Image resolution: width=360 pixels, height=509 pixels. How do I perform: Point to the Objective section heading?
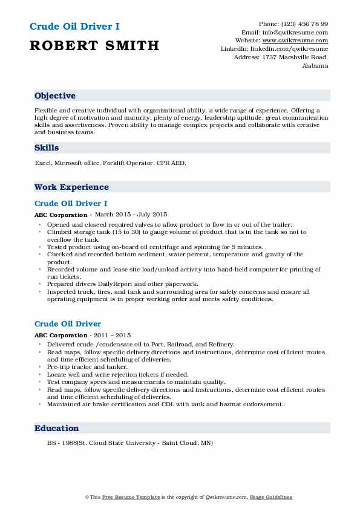click(x=55, y=96)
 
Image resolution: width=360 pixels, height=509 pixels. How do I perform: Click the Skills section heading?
click(x=47, y=148)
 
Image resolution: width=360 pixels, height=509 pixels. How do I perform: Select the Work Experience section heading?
click(x=72, y=187)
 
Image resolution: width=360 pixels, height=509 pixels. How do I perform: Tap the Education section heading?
click(x=57, y=428)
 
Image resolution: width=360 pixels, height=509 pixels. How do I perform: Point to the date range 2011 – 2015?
click(x=110, y=335)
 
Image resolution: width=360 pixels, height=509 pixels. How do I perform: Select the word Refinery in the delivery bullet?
click(x=220, y=345)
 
